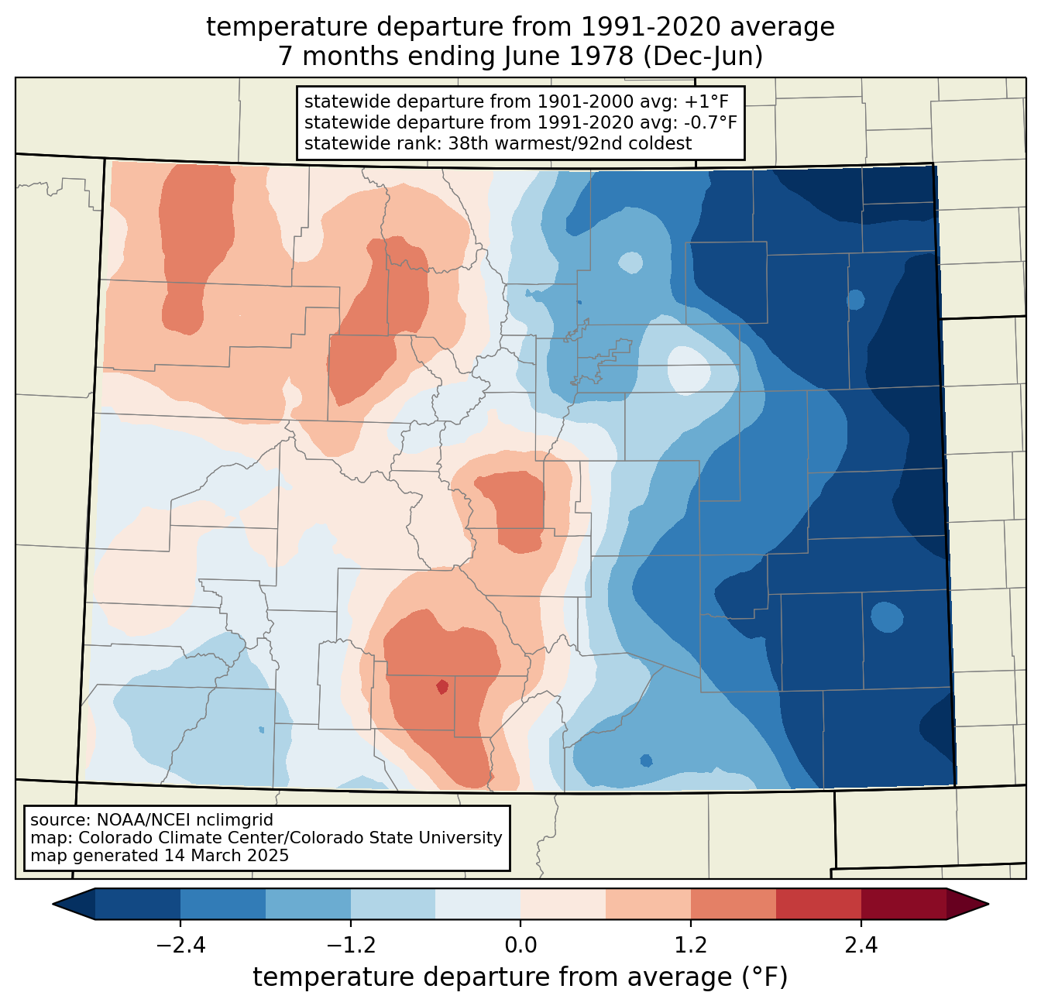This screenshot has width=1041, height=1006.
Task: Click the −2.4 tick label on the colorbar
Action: tap(180, 946)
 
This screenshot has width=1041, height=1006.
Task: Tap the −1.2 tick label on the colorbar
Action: tap(351, 946)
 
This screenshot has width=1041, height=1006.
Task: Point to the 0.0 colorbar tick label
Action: tap(520, 946)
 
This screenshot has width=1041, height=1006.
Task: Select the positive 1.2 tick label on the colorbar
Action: tap(691, 946)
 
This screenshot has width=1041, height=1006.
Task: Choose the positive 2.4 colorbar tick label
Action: tap(861, 946)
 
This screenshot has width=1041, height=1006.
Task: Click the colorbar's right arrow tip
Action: tap(986, 904)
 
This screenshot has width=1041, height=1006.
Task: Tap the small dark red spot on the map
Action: tap(441, 686)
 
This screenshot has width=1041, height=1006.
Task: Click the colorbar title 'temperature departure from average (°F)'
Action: tap(520, 978)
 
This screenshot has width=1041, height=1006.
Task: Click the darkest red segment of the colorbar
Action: tap(903, 904)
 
